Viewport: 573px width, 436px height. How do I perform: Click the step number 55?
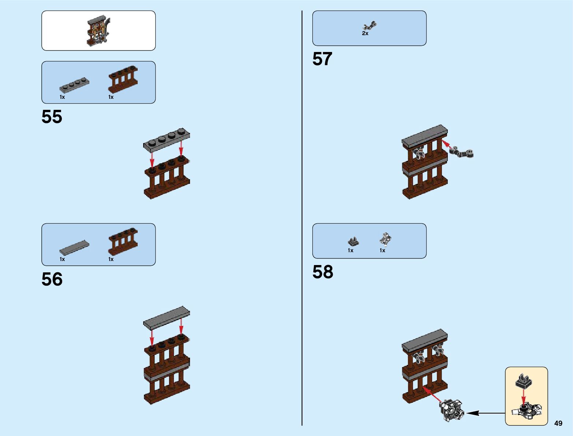[x=52, y=117]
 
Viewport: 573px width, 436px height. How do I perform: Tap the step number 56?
[x=52, y=279]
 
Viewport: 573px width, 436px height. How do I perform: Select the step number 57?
[x=322, y=59]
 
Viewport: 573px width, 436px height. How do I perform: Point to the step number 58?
[x=323, y=272]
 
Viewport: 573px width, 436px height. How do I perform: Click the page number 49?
[x=558, y=424]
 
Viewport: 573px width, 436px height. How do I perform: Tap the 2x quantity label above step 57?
[x=365, y=33]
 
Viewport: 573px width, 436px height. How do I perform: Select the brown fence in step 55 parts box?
[x=123, y=79]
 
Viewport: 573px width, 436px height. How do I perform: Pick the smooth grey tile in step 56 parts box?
[x=74, y=247]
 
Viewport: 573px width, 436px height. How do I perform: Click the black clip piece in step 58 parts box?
[x=353, y=241]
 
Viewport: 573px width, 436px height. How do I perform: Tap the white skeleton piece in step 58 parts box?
[x=385, y=239]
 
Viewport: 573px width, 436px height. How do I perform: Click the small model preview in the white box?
[x=98, y=30]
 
